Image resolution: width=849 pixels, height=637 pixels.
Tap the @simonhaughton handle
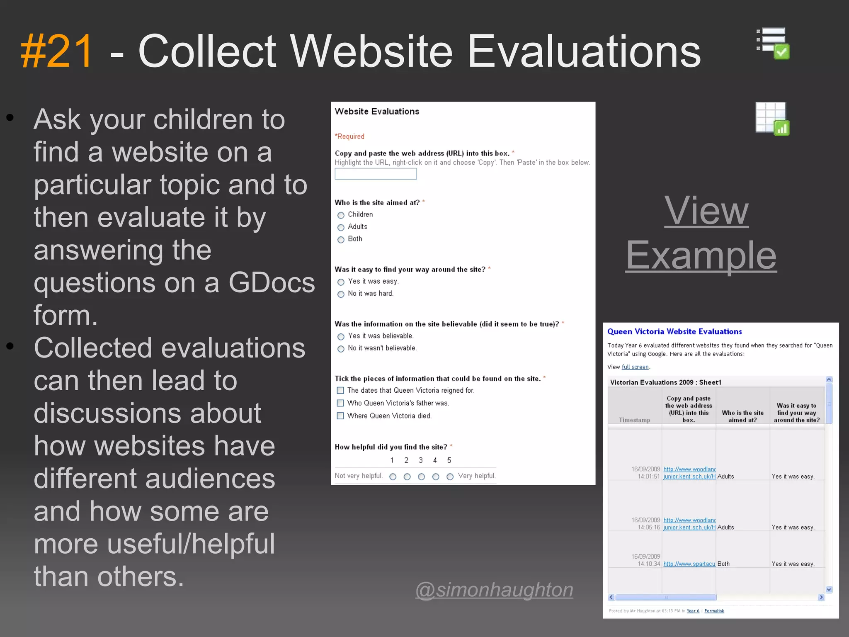click(494, 589)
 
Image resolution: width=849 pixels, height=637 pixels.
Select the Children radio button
click(341, 215)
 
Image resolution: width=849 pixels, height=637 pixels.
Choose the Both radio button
click(341, 240)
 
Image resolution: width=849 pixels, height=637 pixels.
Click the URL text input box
click(376, 174)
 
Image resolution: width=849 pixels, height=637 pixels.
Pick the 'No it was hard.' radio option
click(341, 294)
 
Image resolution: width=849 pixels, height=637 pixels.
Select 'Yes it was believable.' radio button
click(341, 337)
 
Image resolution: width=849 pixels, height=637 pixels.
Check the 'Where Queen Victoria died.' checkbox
click(340, 416)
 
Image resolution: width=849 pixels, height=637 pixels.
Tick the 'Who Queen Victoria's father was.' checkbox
click(340, 403)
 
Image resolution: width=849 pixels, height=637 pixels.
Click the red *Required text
click(349, 136)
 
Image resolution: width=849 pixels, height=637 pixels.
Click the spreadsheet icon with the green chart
click(772, 119)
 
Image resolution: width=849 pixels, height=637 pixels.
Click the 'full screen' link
click(635, 367)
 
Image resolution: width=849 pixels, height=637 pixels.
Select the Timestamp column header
click(634, 420)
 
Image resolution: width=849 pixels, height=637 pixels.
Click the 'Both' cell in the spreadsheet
click(723, 564)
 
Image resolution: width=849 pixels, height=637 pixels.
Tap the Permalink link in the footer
click(714, 611)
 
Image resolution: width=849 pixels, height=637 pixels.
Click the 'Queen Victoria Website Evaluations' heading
click(674, 332)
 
